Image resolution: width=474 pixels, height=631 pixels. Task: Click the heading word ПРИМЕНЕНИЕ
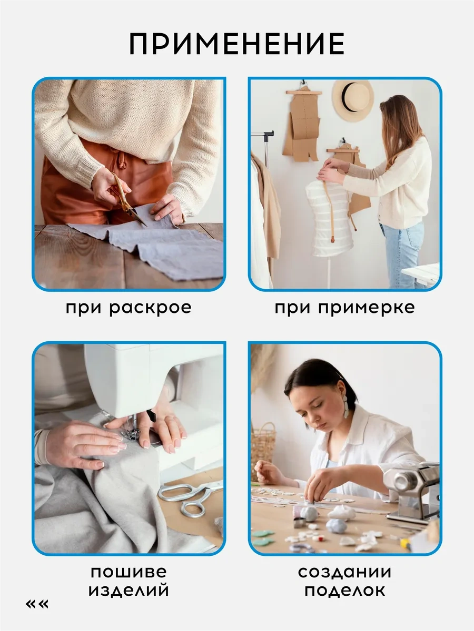point(236,44)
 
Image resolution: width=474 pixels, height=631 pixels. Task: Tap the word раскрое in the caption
point(150,309)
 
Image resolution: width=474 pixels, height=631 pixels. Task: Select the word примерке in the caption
point(367,309)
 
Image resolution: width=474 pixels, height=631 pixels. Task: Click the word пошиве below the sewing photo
point(129,572)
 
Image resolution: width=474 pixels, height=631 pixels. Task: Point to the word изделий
point(129,591)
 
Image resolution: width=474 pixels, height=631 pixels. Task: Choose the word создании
point(344,572)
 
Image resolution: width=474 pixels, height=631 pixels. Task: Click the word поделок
point(345,591)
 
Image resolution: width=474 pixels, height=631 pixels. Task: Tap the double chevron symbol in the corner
point(37,604)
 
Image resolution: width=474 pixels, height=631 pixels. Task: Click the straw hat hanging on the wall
point(353,100)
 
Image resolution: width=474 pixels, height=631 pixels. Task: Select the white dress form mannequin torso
point(330,218)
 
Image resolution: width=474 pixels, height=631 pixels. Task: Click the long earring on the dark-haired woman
point(345,406)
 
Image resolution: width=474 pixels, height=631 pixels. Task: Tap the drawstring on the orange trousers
point(122,159)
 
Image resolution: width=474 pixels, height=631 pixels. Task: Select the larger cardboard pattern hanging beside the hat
point(302,125)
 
